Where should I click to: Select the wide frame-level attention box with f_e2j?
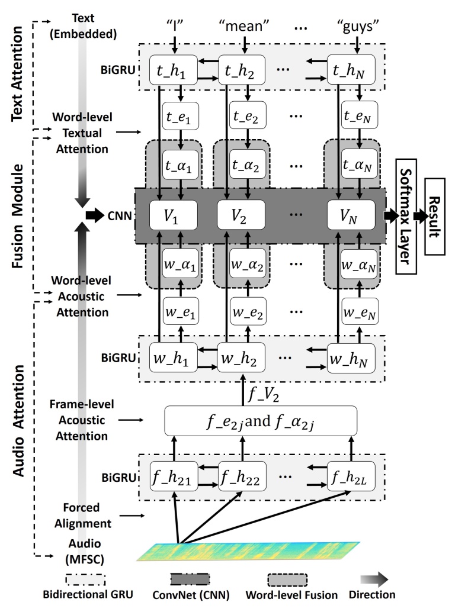(261, 421)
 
